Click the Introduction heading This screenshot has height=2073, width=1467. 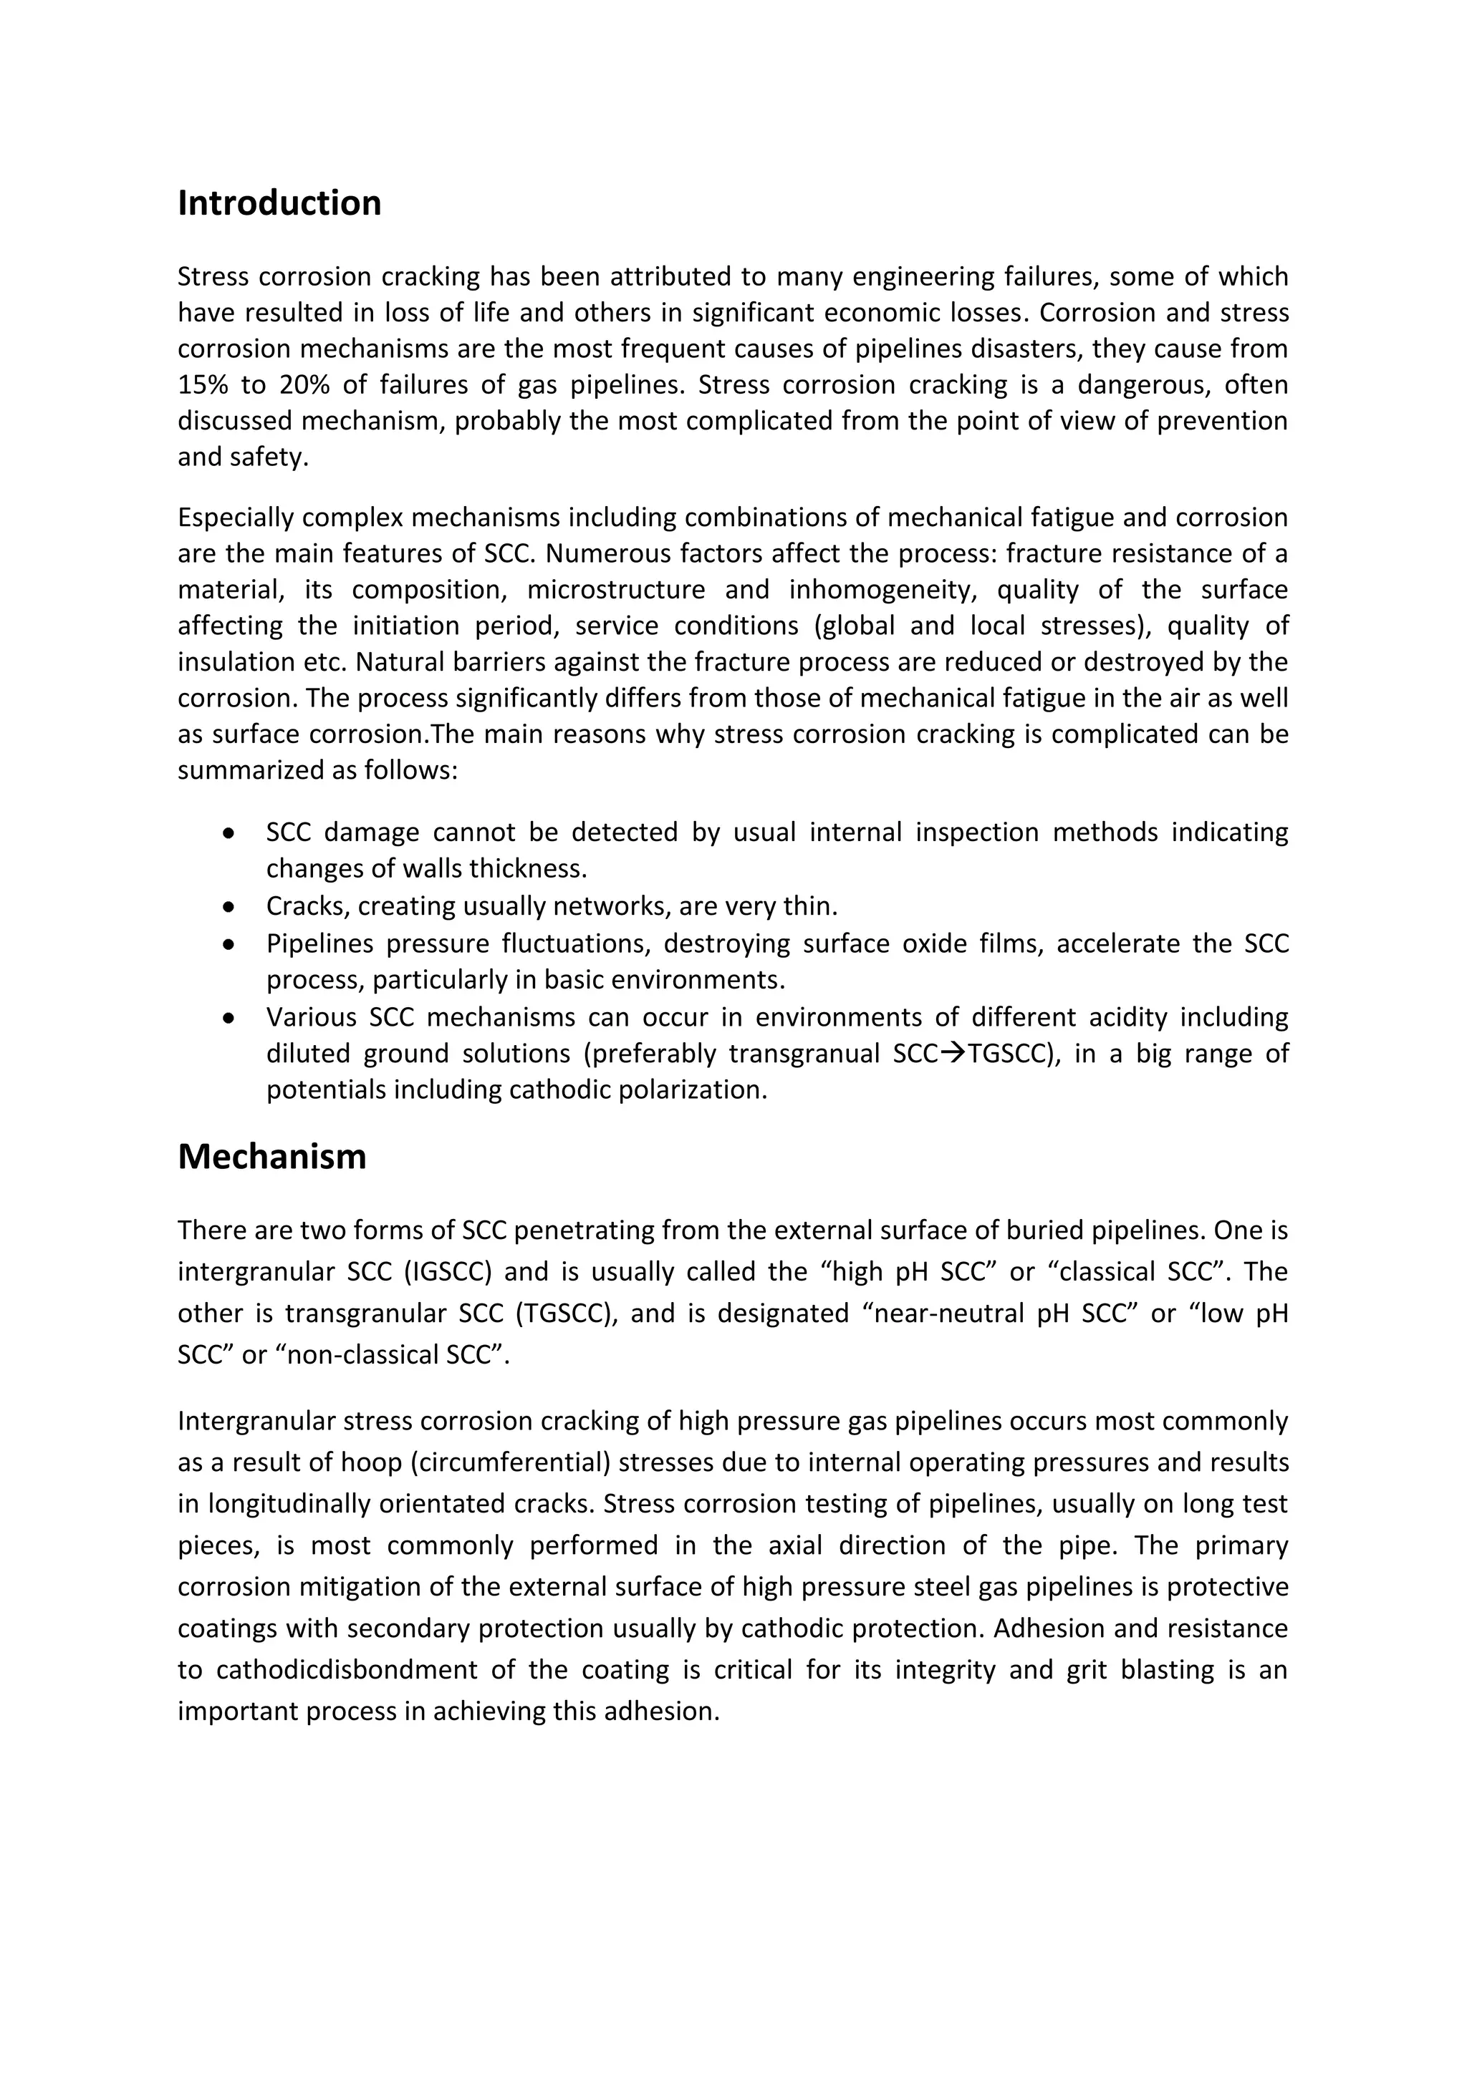click(279, 203)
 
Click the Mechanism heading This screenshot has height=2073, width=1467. click(272, 1157)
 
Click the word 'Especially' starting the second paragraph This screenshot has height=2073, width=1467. click(236, 518)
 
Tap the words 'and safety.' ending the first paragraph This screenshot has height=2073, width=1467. click(243, 457)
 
